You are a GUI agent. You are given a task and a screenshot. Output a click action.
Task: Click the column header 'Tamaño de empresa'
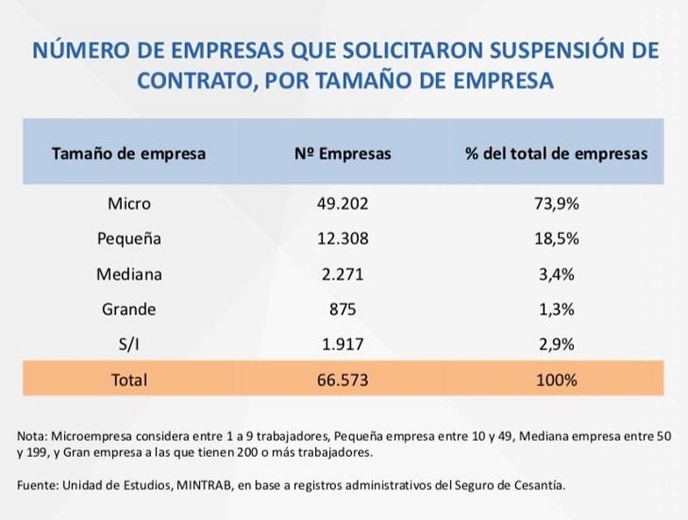point(128,153)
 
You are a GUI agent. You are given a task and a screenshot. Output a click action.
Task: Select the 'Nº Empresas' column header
point(342,153)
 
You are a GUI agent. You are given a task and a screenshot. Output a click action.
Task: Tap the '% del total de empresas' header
point(556,153)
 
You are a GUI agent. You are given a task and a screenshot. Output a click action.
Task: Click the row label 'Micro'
point(129,203)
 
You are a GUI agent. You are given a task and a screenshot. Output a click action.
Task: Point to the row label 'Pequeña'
point(129,239)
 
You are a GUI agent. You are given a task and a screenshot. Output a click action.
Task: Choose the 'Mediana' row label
point(129,274)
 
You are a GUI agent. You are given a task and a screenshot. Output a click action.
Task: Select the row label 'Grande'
point(129,309)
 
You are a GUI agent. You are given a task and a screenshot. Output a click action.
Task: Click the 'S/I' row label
point(129,344)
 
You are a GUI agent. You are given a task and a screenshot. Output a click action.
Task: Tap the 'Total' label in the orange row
point(129,380)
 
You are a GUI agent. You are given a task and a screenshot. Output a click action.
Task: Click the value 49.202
point(342,203)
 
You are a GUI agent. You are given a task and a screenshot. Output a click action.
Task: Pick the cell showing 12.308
point(342,239)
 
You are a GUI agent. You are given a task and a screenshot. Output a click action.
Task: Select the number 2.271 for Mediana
point(342,274)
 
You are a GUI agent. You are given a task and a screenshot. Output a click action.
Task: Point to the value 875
point(342,309)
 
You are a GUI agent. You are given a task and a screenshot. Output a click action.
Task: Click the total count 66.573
point(342,380)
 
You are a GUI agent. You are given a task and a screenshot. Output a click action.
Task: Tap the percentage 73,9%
point(556,203)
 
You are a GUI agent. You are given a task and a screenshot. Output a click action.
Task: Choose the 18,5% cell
point(556,239)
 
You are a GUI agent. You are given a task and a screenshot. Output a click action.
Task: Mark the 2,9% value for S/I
point(556,344)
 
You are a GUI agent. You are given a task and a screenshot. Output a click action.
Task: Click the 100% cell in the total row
point(556,380)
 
